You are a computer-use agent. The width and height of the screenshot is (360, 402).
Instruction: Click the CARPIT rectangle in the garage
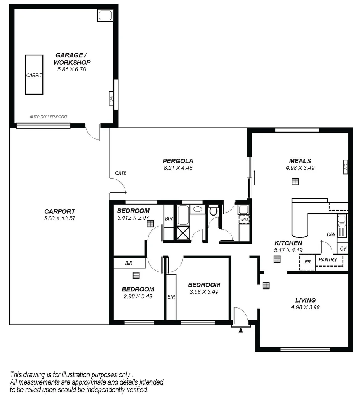tap(34, 75)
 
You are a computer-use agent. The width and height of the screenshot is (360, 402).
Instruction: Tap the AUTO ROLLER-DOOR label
tap(48, 117)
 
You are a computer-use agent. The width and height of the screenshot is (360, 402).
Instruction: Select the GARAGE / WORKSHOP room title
tap(72, 59)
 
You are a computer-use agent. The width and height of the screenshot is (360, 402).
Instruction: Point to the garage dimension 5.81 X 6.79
tap(72, 69)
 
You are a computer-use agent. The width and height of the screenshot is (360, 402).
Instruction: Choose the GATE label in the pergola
tap(120, 173)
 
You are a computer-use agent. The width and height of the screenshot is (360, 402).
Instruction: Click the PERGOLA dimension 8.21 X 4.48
tap(178, 168)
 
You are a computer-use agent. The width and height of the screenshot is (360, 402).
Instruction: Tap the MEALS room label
tap(300, 161)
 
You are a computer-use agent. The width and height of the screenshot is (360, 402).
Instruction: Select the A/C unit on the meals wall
tap(345, 167)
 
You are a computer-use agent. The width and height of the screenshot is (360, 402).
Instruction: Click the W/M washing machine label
tap(244, 220)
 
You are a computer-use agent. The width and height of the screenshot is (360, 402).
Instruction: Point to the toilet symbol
tap(213, 211)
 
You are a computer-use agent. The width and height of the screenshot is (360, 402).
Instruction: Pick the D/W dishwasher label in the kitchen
tap(330, 235)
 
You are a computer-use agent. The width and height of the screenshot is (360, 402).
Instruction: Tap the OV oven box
tap(343, 248)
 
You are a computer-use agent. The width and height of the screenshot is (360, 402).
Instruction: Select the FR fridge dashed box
tap(307, 262)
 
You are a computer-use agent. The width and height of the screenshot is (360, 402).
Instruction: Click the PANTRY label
tap(328, 260)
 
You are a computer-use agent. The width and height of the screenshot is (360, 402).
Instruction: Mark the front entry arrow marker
tap(241, 329)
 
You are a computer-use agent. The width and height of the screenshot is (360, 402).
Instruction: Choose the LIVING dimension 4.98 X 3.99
tap(305, 307)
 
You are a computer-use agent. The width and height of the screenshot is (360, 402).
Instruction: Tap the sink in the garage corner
tap(105, 15)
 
